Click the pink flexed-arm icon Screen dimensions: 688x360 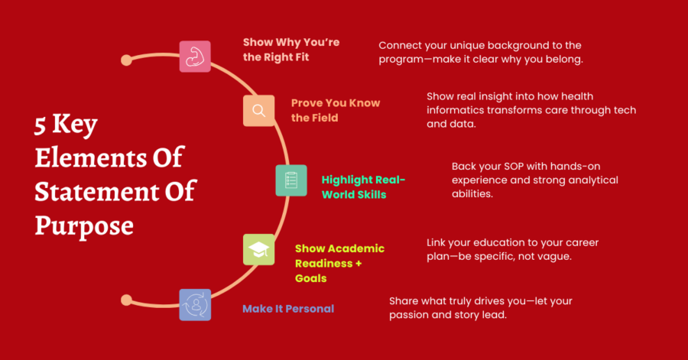195,57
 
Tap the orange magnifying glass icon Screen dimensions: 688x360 259,111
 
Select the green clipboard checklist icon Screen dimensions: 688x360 291,180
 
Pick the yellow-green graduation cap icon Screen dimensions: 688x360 259,250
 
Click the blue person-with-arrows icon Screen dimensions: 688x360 195,305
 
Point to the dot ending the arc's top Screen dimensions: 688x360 126,60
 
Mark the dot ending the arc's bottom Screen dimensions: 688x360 126,300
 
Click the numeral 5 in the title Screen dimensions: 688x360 40,125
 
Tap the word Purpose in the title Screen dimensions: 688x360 84,226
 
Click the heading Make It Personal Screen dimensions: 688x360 288,309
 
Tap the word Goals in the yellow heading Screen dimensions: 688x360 310,278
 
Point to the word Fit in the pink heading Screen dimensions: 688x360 301,57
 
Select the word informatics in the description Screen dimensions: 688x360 455,110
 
